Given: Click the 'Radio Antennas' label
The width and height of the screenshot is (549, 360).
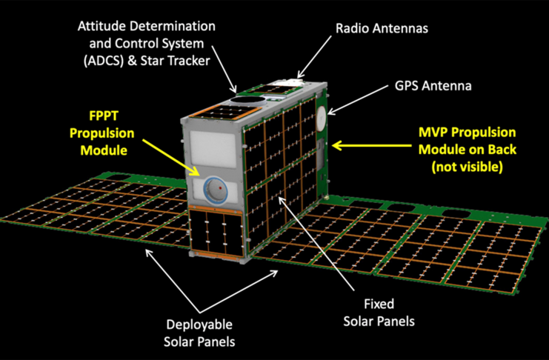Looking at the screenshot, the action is [382, 28].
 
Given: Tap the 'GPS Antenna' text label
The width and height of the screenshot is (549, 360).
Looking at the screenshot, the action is [433, 86].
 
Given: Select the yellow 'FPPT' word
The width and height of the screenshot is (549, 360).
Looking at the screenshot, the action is [104, 116].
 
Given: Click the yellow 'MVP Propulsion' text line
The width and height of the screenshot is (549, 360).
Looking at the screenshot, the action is [467, 133].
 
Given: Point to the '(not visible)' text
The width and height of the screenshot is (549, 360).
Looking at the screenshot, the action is [467, 167].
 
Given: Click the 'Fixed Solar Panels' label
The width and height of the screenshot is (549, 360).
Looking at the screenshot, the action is [379, 313].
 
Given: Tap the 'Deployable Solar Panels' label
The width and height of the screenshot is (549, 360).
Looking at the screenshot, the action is [199, 333].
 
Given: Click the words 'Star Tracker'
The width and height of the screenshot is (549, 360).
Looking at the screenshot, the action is [175, 61].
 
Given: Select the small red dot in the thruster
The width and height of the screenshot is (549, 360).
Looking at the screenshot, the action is [220, 188].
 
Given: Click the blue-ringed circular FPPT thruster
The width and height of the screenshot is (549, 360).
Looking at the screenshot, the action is [216, 190].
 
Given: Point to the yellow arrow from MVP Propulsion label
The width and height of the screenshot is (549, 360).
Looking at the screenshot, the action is [371, 145].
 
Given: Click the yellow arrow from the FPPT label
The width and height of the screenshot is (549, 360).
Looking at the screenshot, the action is [171, 157].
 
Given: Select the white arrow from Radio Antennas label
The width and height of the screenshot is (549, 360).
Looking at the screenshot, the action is [314, 57].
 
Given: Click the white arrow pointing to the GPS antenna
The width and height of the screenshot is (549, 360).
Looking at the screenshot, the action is [358, 100].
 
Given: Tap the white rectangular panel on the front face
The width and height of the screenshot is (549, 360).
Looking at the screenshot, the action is [213, 149].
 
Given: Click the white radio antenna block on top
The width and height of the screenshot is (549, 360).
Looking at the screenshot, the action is [291, 82].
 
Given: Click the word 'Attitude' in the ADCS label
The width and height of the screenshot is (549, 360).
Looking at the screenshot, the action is [99, 27].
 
